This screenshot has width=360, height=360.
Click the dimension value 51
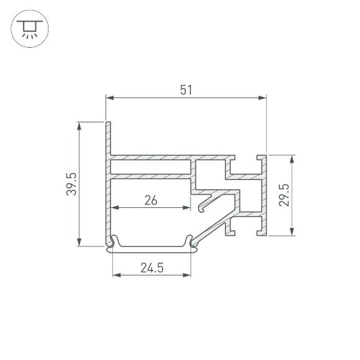coord(186,90)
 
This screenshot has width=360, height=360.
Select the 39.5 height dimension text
coord(71,184)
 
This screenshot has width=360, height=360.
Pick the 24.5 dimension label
coord(151,268)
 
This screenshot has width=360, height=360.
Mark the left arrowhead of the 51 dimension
coord(110,97)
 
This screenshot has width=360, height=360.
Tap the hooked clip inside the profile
coord(208,202)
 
